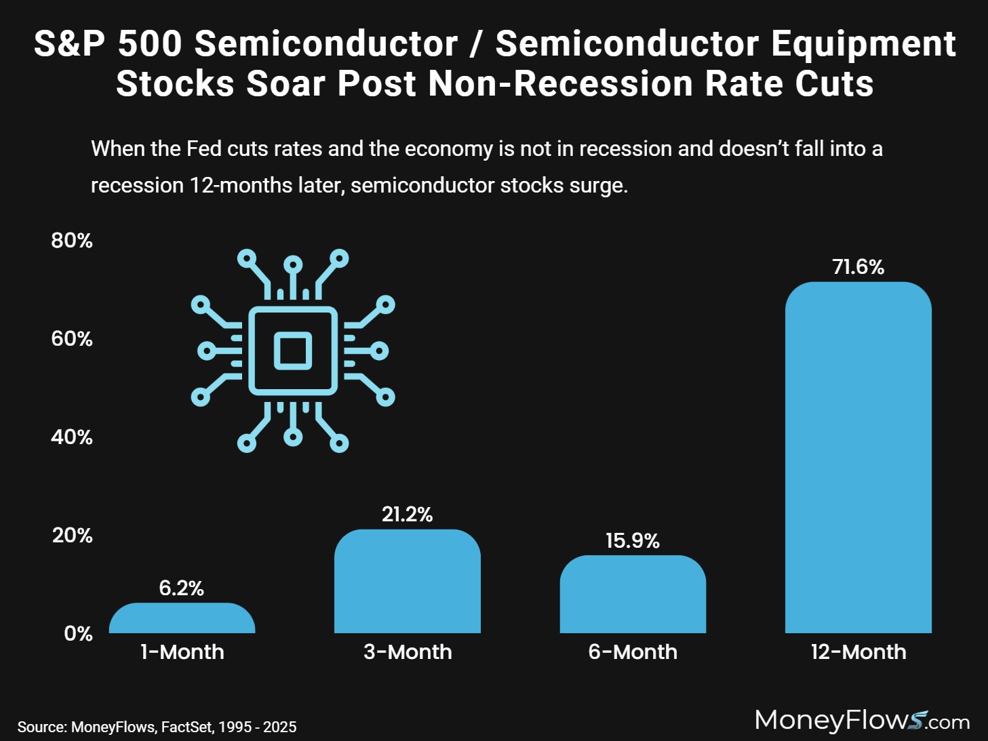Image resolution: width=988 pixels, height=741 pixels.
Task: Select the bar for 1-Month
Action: tap(182, 619)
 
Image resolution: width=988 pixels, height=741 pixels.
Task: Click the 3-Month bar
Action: tap(407, 582)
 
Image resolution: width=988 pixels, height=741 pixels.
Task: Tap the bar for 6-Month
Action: tap(633, 595)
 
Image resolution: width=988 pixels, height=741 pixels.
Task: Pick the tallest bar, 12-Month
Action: tap(858, 458)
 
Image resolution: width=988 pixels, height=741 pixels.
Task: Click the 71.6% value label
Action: tap(858, 267)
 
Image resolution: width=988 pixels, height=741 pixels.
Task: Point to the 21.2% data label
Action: tap(407, 515)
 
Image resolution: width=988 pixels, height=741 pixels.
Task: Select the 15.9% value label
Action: tap(632, 541)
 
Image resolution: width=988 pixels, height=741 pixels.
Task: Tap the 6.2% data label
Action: tap(181, 588)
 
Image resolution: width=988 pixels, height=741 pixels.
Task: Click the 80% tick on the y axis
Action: tap(72, 241)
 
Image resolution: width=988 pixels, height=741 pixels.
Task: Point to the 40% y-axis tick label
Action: tap(72, 437)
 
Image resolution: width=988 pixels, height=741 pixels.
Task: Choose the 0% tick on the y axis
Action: tap(78, 634)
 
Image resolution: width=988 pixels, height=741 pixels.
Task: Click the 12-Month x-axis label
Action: tap(858, 652)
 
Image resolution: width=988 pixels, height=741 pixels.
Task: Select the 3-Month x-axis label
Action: tap(407, 652)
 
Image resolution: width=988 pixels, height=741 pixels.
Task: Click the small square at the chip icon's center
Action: tap(293, 351)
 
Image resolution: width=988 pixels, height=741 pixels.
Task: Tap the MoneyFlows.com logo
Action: tap(862, 720)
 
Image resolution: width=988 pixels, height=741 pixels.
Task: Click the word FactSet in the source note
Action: tap(187, 727)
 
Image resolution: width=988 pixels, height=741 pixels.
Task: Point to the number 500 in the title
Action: tap(150, 44)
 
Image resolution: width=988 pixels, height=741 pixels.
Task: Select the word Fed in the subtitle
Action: tap(204, 148)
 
